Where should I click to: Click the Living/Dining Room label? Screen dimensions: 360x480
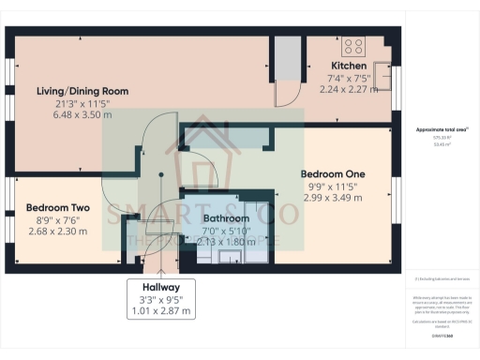[x=82, y=91]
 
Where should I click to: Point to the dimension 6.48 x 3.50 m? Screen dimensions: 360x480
[x=82, y=114]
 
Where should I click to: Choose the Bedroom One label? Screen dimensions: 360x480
[x=332, y=173]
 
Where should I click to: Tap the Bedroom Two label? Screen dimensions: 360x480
[x=57, y=207]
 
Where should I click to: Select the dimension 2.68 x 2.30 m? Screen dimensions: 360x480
[x=57, y=231]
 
